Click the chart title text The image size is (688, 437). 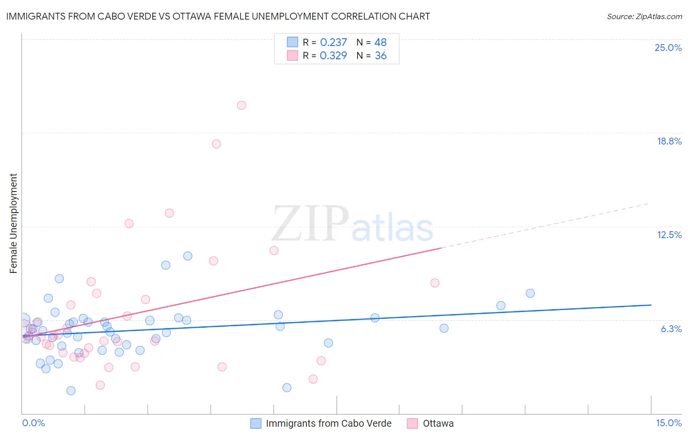(218, 16)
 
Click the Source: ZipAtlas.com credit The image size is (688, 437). (644, 16)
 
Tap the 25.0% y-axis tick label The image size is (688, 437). (668, 48)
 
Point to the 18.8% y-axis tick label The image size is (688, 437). (669, 141)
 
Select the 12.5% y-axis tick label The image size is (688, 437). (669, 235)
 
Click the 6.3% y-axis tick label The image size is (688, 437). (671, 329)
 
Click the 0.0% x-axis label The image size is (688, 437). (33, 423)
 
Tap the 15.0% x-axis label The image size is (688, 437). (668, 423)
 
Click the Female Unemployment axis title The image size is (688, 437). (13, 223)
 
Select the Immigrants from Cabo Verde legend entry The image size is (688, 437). (328, 423)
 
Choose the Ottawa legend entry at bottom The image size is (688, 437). (438, 423)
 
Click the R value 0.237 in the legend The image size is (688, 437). (333, 42)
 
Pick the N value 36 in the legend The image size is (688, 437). (380, 55)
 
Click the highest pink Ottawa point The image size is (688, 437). (241, 105)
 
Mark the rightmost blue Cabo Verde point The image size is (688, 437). (530, 293)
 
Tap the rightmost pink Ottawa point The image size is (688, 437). (435, 283)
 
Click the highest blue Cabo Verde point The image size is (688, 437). (187, 256)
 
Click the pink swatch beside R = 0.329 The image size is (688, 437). (292, 55)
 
